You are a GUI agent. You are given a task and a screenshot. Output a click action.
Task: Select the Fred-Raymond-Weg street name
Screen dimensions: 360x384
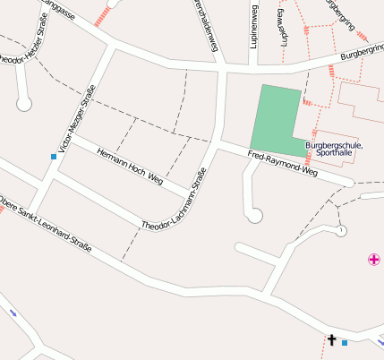282,162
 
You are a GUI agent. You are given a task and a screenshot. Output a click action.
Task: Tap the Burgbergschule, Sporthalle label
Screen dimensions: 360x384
334,149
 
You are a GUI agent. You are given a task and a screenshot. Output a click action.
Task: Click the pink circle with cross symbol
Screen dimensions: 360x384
373,260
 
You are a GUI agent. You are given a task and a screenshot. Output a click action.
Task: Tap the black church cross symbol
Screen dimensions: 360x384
331,340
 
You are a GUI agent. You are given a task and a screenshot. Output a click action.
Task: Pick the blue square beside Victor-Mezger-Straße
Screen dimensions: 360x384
54,157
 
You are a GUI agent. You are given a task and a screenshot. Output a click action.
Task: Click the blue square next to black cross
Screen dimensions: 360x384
345,342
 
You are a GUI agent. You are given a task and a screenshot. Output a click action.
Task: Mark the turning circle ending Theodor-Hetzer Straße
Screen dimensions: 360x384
24,104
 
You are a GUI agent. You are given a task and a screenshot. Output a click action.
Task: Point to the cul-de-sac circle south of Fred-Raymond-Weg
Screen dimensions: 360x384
254,215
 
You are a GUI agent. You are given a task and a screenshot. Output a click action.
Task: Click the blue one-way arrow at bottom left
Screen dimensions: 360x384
13,313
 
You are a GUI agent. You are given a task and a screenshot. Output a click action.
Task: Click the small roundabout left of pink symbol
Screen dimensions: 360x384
341,231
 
